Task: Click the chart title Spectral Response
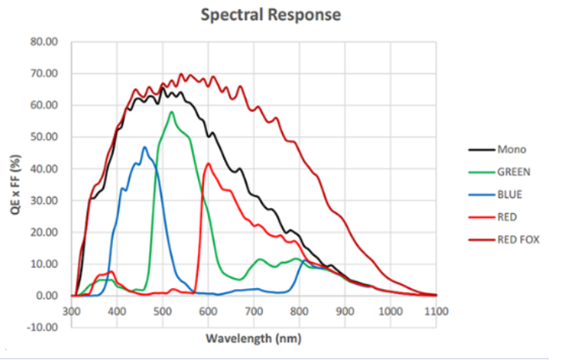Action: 271,15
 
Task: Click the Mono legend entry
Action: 510,150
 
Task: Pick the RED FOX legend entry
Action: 518,239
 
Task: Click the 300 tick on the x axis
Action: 72,311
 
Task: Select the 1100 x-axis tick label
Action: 436,311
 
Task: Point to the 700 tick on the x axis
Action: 254,311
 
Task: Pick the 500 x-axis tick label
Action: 163,311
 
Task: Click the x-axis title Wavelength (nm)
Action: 254,338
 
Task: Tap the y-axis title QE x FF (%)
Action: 16,184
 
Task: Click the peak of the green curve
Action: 172,112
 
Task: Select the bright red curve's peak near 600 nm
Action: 208,163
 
